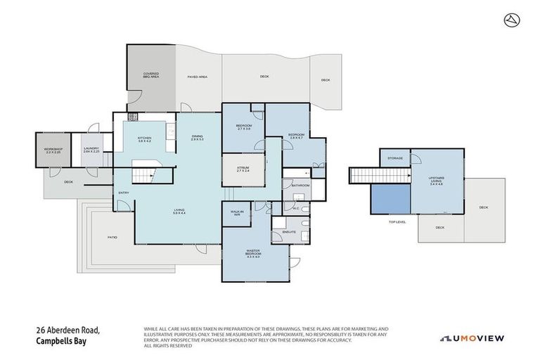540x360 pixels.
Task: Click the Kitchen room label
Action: click(x=144, y=139)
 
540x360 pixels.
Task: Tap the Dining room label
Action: click(x=197, y=138)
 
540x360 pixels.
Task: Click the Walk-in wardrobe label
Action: click(x=236, y=212)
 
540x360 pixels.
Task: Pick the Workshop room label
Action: click(x=53, y=150)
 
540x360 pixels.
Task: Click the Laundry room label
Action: click(x=91, y=150)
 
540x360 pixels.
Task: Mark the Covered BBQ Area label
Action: click(x=150, y=75)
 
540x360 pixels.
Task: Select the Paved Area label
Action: click(x=197, y=77)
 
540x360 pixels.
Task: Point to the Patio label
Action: click(x=112, y=237)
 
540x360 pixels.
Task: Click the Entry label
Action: click(x=124, y=193)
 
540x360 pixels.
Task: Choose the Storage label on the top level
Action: click(x=395, y=158)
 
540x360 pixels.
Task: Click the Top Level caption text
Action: click(x=397, y=221)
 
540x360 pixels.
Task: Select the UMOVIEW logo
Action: click(x=472, y=338)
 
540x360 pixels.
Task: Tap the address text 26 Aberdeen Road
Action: click(x=68, y=330)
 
